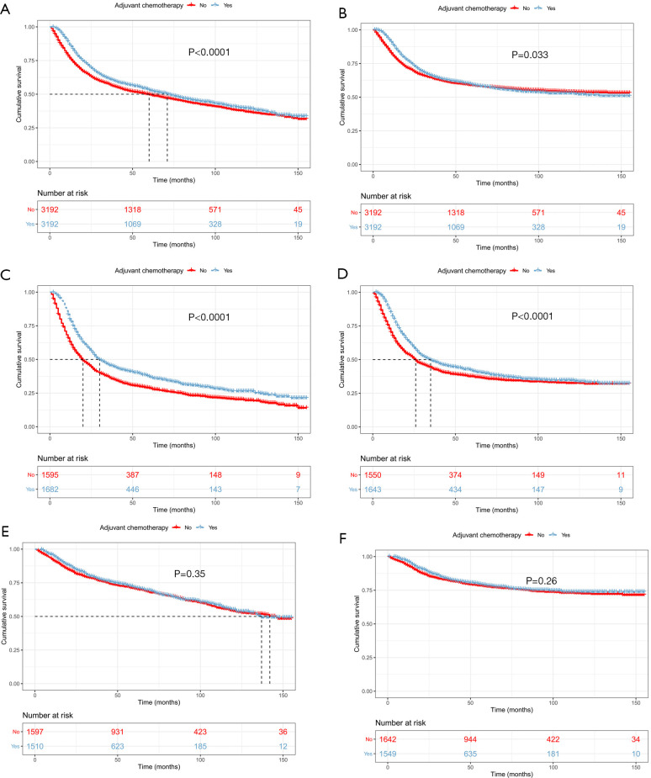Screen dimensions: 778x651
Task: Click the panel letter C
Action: pyautogui.click(x=7, y=273)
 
